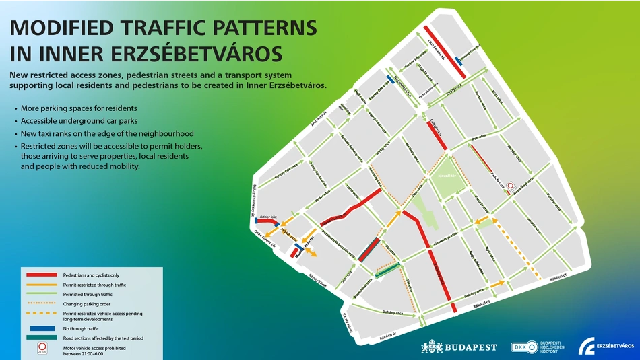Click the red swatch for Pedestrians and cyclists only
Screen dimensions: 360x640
pos(41,275)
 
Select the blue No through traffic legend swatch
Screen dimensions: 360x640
pos(41,328)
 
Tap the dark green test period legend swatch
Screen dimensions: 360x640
pos(41,338)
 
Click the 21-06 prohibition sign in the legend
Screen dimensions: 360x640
pos(42,349)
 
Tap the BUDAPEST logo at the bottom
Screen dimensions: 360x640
pos(459,347)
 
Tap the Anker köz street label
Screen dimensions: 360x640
pos(268,217)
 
